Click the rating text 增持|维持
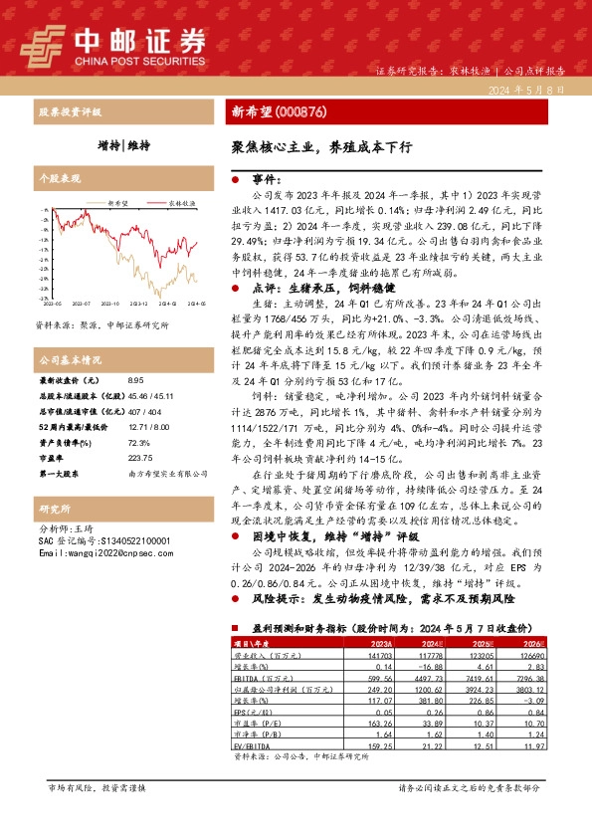pos(124,145)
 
